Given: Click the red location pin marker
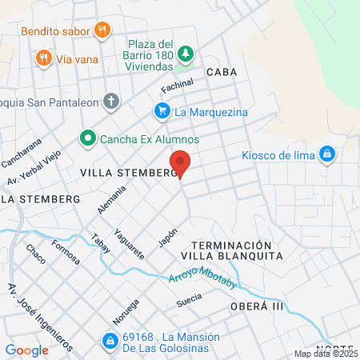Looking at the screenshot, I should point(181,163).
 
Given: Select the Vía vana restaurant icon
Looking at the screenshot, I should point(43,58).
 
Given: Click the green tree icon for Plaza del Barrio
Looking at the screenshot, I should point(186,53).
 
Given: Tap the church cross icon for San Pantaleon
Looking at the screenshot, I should point(111,102).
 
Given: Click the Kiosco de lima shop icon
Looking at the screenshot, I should point(326,154).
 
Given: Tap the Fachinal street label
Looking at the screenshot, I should point(178,86).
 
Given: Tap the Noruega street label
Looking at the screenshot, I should point(120,312).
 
